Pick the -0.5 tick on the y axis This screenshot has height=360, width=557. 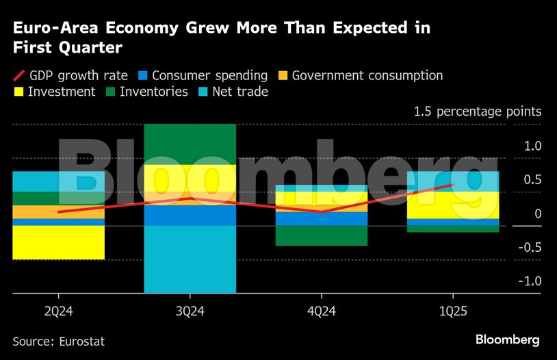tap(528, 247)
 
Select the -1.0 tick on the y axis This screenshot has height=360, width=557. tap(528, 281)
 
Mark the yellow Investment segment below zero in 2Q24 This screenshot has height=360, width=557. tap(58, 242)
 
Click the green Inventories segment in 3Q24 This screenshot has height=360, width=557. tap(190, 144)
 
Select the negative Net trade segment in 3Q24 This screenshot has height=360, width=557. tap(190, 259)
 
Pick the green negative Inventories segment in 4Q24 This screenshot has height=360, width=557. tap(321, 235)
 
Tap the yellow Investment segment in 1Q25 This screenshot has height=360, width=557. tap(452, 205)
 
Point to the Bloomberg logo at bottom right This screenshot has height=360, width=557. tap(507, 339)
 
